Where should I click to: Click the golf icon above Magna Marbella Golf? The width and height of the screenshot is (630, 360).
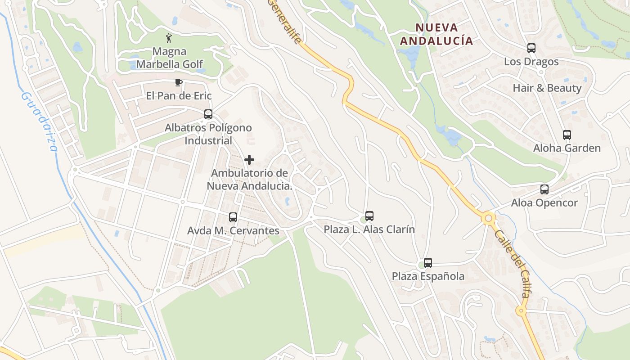pos(169,38)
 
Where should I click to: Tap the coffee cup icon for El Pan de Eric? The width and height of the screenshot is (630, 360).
pos(178,82)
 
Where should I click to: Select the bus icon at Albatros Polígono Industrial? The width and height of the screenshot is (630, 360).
pos(208,114)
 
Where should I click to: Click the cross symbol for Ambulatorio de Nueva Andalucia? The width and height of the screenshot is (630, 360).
pos(249,160)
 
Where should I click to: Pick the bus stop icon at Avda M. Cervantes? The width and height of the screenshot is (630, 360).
pos(233,217)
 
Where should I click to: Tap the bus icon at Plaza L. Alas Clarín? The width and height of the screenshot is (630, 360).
pos(369,216)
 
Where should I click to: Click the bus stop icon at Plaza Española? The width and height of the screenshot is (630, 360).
pos(427,263)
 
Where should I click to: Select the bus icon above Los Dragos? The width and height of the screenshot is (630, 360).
pos(531,48)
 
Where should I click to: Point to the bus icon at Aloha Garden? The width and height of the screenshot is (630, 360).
pos(567,135)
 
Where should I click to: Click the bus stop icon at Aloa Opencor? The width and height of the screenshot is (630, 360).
pos(544,189)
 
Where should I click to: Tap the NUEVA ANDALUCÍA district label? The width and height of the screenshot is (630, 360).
pos(436,34)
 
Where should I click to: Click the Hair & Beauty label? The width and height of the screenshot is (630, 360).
pos(547,88)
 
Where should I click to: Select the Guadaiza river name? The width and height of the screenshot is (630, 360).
pos(40,121)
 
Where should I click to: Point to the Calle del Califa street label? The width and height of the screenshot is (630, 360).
pos(512,263)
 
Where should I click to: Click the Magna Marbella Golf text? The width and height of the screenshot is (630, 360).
pos(170,58)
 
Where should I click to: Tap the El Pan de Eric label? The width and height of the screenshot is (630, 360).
pos(179,96)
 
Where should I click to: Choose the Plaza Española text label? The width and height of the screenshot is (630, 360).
pos(428,276)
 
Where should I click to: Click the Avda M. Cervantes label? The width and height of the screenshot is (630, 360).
pos(233,230)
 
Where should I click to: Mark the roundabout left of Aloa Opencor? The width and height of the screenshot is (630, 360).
pos(488,219)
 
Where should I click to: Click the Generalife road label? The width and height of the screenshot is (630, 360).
pos(284,20)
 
